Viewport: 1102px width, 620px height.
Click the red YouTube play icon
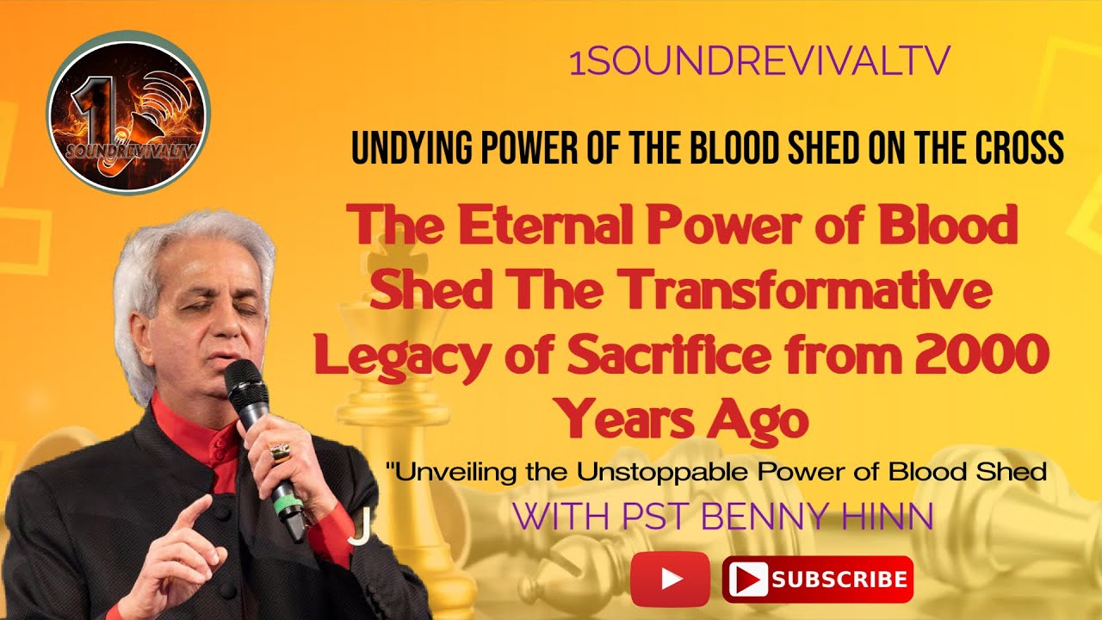[670, 579]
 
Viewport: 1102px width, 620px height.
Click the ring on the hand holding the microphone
[280, 453]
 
